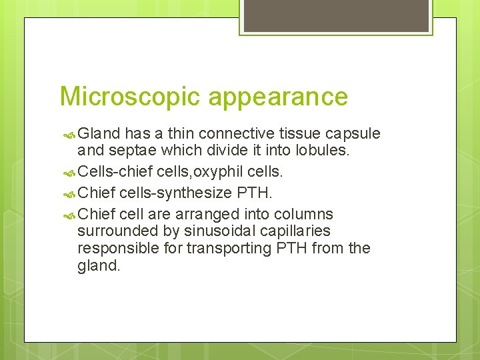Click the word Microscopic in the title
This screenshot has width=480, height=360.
tap(130, 97)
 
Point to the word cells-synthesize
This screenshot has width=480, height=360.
tap(175, 193)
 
